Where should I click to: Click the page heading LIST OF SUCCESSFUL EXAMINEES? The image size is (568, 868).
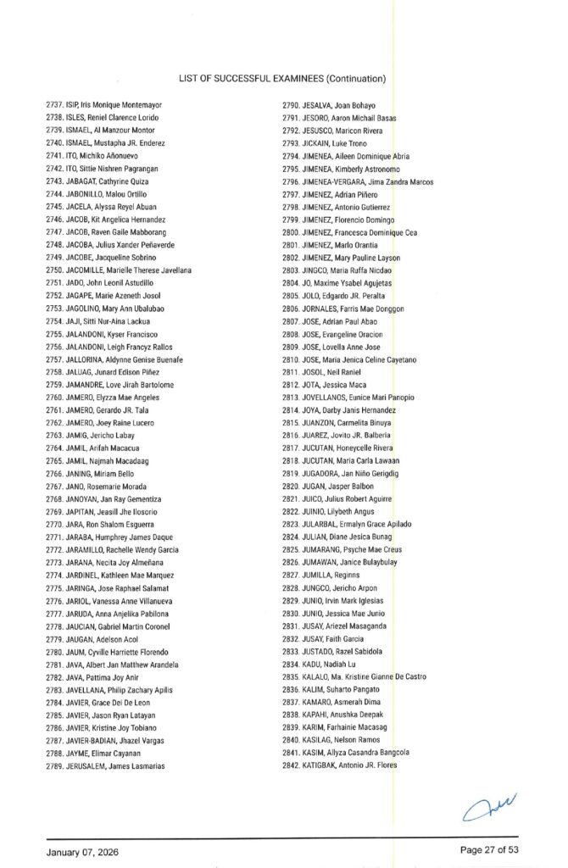[x=282, y=79]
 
